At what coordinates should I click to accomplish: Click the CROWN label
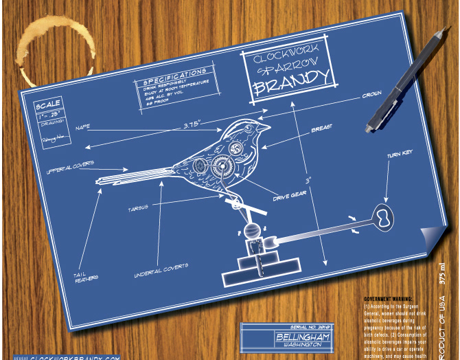click(x=373, y=95)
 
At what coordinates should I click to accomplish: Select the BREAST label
click(x=322, y=128)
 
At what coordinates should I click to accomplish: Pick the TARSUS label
click(x=137, y=207)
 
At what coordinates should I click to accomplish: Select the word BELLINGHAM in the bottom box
click(x=302, y=338)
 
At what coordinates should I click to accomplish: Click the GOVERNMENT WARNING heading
click(x=389, y=300)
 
